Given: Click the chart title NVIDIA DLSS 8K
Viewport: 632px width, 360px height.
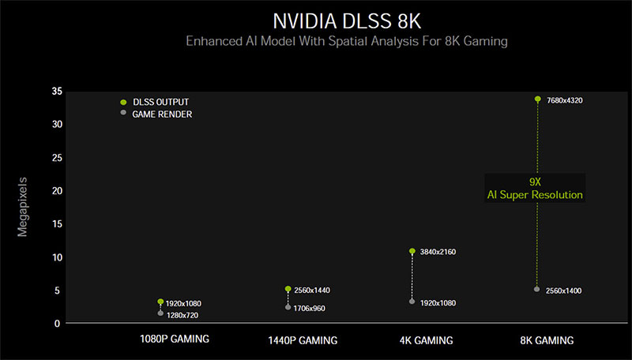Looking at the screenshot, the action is (x=347, y=21).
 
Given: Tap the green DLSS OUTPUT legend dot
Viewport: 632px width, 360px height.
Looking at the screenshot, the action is (x=123, y=103).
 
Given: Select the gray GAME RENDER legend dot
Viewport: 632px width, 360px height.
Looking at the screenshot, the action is (x=123, y=112).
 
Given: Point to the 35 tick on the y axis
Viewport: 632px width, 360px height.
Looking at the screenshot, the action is (x=57, y=92).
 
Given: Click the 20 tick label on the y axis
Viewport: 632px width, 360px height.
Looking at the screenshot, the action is (x=57, y=191).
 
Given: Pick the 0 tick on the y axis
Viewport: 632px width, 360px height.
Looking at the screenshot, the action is (x=57, y=324).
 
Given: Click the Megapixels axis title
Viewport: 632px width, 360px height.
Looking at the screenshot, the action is (x=22, y=207).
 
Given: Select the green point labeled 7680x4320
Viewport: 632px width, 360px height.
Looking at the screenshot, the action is (x=538, y=99).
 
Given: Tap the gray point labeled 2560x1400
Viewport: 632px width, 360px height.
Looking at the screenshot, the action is (x=537, y=289).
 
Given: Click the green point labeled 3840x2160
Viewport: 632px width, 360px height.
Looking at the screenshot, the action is (x=412, y=251).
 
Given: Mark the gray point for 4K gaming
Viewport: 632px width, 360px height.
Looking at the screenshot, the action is (x=412, y=302).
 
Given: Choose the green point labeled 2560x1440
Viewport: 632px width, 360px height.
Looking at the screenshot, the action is (x=288, y=289).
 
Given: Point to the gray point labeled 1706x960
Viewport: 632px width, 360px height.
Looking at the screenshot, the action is (x=288, y=307).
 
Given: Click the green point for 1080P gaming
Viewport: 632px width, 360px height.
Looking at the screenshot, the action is (x=160, y=302).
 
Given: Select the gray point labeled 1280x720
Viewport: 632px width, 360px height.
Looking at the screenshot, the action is (x=160, y=313).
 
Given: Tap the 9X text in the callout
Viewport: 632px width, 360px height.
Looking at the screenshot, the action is (x=535, y=182).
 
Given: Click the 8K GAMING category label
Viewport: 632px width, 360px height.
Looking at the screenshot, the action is (x=547, y=340).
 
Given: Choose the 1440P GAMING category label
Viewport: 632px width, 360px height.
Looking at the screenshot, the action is (x=303, y=340).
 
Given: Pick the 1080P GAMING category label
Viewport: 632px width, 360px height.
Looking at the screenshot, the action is (x=175, y=339).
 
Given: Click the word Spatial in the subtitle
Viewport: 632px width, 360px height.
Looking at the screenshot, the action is (x=348, y=42).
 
